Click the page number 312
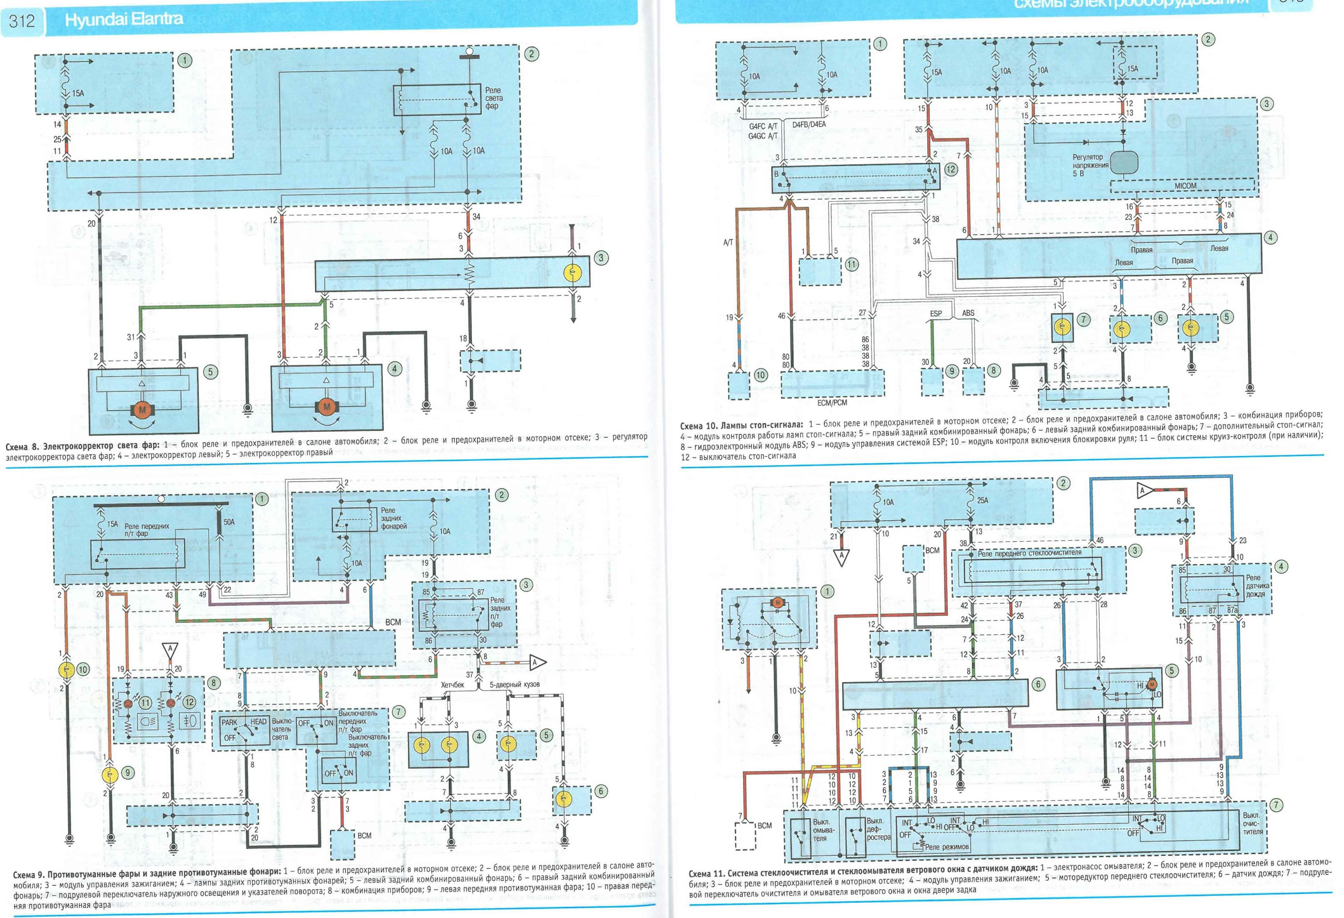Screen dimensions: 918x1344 [x=22, y=22]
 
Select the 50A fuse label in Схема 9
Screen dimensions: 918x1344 [x=229, y=522]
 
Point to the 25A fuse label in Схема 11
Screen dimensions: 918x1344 [x=982, y=501]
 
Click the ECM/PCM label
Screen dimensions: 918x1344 [x=832, y=403]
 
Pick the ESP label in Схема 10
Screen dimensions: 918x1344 [x=936, y=314]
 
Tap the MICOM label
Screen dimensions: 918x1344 [x=1185, y=186]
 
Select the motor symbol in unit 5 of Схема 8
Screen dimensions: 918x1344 [x=142, y=410]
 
